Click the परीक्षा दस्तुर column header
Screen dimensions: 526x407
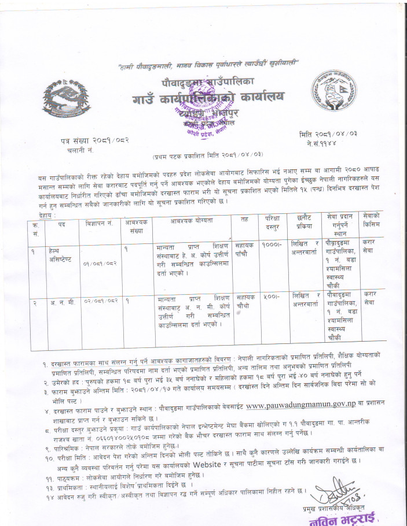(272, 224)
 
